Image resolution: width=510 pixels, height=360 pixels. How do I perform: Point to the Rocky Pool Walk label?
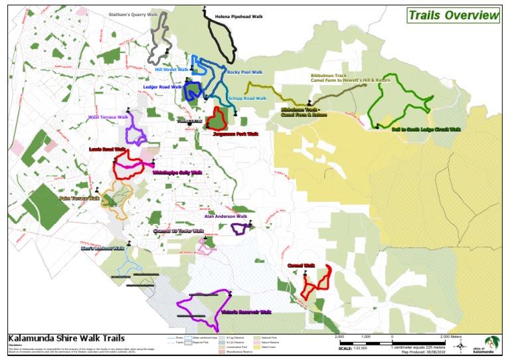tap(244, 72)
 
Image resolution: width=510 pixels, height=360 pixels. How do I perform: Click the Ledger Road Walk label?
tap(162, 86)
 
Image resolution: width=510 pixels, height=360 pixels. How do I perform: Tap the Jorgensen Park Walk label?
tap(235, 134)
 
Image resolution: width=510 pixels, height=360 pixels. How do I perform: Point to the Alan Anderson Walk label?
tap(226, 216)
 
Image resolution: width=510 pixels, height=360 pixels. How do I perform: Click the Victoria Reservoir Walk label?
tap(247, 312)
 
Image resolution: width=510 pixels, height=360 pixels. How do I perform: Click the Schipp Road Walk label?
tap(246, 98)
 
